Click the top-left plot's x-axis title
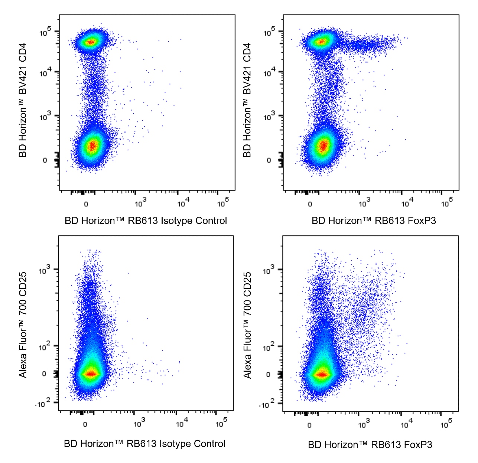(x=146, y=221)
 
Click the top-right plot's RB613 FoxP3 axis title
(x=374, y=221)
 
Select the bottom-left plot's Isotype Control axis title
(x=144, y=444)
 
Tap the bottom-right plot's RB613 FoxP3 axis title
(x=370, y=445)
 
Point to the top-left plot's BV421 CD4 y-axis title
(x=23, y=100)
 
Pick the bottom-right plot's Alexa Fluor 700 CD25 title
(x=248, y=325)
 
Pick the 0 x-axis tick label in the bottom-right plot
(x=309, y=425)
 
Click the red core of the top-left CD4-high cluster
(x=90, y=42)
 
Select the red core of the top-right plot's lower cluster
(x=323, y=146)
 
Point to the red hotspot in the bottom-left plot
(x=91, y=374)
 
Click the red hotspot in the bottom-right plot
(x=322, y=374)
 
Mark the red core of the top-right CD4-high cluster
(x=322, y=42)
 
